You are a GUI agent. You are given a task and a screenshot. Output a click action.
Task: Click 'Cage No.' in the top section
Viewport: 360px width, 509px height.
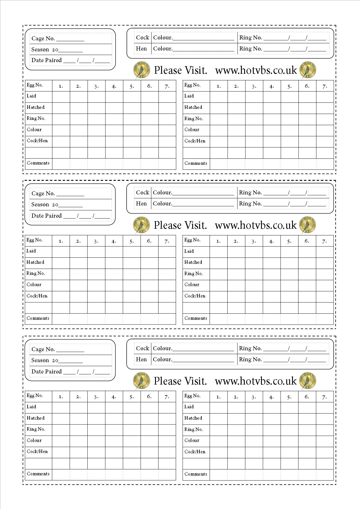[x=43, y=38]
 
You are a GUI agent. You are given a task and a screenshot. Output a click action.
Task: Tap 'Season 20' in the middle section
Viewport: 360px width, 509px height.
[x=45, y=205]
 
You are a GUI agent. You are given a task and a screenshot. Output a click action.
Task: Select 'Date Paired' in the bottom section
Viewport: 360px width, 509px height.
[x=46, y=371]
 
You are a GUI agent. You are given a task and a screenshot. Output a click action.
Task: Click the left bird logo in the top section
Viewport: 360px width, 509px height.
[x=142, y=70]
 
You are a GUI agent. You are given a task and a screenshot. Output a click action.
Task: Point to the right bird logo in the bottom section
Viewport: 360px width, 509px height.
[x=307, y=381]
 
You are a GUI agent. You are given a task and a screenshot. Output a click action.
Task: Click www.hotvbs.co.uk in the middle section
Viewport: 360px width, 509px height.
[x=255, y=225]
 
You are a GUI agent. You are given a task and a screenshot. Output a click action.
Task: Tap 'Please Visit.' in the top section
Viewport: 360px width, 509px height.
[x=180, y=70]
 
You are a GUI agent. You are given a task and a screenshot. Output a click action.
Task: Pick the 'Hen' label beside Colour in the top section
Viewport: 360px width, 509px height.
[x=141, y=48]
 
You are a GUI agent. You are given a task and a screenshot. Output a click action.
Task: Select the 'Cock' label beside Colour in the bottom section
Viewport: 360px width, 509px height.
[x=142, y=348]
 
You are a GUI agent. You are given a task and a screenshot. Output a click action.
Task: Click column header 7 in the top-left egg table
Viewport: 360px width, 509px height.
[x=167, y=86]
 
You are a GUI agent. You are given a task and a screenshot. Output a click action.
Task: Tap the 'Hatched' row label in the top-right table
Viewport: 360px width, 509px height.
[x=193, y=107]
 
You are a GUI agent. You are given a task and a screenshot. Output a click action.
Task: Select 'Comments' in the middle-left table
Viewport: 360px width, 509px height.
[x=38, y=318]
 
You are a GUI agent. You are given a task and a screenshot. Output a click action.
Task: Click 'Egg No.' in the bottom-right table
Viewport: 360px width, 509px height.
[x=192, y=396]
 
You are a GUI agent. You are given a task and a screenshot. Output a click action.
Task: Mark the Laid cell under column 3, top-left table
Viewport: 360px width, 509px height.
[x=96, y=97]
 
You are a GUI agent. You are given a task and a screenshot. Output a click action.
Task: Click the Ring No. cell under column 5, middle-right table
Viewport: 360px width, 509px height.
[x=289, y=274]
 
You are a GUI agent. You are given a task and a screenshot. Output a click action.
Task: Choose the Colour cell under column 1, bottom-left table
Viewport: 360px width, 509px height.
[x=61, y=441]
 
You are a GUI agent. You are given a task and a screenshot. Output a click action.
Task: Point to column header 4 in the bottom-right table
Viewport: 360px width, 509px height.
[x=271, y=397]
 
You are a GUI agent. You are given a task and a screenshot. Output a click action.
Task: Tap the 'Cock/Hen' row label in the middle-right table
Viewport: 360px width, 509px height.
[x=195, y=296]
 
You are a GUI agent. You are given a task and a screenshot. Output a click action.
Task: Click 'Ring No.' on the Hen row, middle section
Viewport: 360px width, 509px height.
[x=250, y=204]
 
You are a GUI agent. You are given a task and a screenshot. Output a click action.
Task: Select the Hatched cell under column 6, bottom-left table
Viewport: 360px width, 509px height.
[x=149, y=419]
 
